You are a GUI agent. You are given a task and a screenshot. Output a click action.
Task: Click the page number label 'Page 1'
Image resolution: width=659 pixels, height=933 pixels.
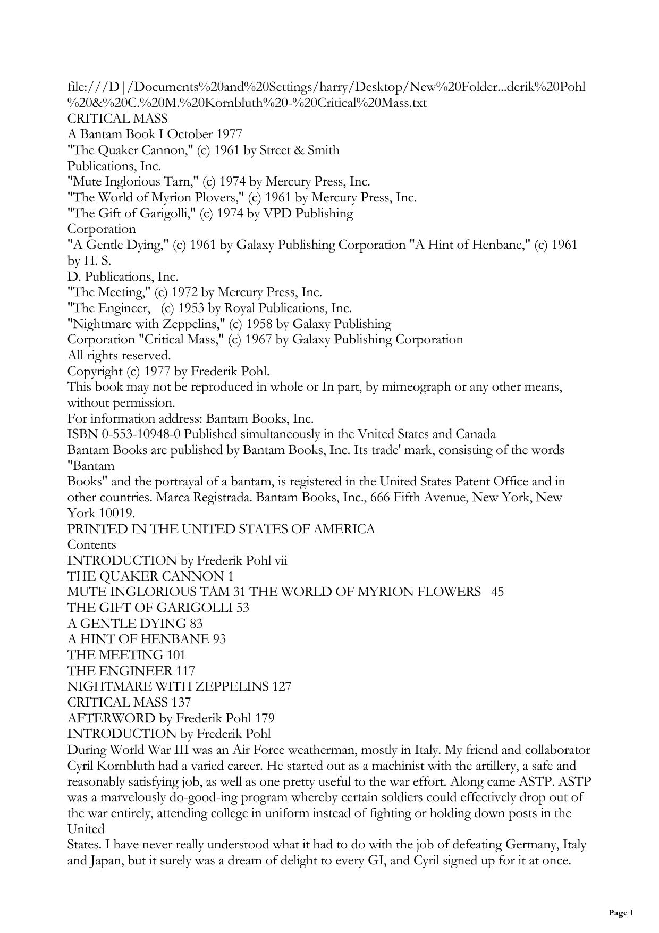[621, 913]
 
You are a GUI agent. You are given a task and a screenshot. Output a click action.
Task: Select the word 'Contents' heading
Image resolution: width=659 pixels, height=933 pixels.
[91, 545]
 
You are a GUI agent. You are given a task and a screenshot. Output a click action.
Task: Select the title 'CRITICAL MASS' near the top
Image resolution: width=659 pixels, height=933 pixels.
[117, 119]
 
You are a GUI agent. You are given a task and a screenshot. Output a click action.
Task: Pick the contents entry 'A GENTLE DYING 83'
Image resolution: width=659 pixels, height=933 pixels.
[135, 624]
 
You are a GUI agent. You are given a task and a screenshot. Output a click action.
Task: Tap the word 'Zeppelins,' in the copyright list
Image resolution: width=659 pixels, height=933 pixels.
[196, 324]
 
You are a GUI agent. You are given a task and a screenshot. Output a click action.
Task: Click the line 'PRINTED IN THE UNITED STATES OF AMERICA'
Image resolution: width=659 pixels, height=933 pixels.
[221, 529]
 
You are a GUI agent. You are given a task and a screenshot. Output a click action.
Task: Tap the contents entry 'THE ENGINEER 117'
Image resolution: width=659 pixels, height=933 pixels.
[131, 671]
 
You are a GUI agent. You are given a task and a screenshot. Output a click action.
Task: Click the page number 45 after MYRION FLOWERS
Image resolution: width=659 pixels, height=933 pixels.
[497, 592]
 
